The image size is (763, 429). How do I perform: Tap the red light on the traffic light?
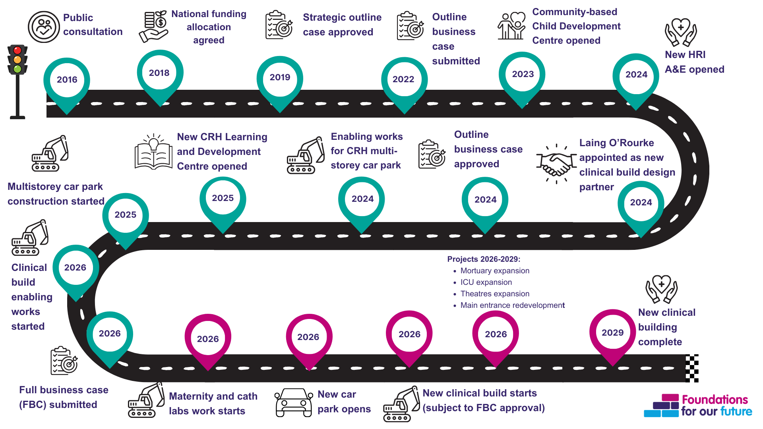pyautogui.click(x=17, y=50)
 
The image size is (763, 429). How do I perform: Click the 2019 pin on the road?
pyautogui.click(x=280, y=78)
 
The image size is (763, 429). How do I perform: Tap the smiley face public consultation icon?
pyautogui.click(x=44, y=27)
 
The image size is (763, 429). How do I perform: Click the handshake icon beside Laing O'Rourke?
pyautogui.click(x=556, y=164)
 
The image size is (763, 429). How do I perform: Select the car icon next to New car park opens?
pyautogui.click(x=294, y=402)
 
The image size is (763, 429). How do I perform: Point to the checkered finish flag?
pyautogui.click(x=691, y=368)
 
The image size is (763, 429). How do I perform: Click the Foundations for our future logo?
pyautogui.click(x=698, y=406)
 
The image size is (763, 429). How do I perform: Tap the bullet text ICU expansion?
pyautogui.click(x=486, y=282)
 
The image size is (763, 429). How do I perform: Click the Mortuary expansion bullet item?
pyautogui.click(x=494, y=271)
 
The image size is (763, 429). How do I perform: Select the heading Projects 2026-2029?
pyautogui.click(x=484, y=259)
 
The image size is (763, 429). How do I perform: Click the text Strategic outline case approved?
pyautogui.click(x=342, y=25)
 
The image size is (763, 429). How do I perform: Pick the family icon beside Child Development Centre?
pyautogui.click(x=511, y=26)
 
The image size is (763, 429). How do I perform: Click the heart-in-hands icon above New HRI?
pyautogui.click(x=681, y=32)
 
